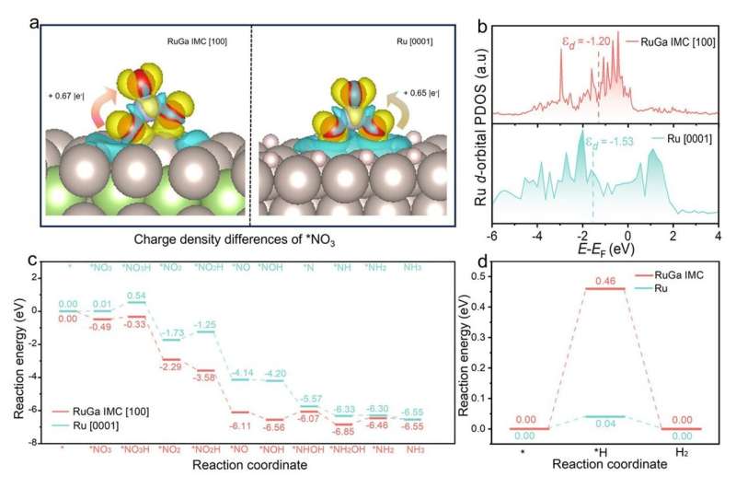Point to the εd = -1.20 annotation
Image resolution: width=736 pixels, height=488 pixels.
tap(587, 42)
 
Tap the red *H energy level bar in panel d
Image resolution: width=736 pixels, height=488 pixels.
tap(605, 289)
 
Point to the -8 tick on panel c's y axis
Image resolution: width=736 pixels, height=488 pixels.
tap(34, 443)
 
